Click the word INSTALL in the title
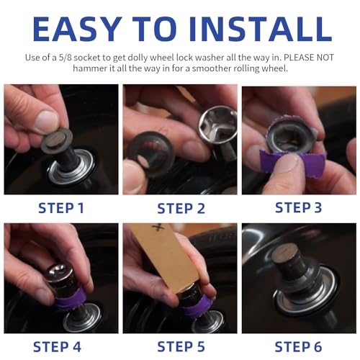pyautogui.click(x=261, y=29)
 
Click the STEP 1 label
pyautogui.click(x=61, y=208)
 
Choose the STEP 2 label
pyautogui.click(x=181, y=208)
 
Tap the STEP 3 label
pyautogui.click(x=298, y=207)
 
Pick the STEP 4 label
pyautogui.click(x=58, y=347)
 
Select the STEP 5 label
pyautogui.click(x=181, y=347)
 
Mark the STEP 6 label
pyautogui.click(x=298, y=347)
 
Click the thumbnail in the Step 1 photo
pyautogui.click(x=46, y=120)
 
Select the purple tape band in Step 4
pyautogui.click(x=71, y=298)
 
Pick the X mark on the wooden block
pyautogui.click(x=159, y=228)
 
